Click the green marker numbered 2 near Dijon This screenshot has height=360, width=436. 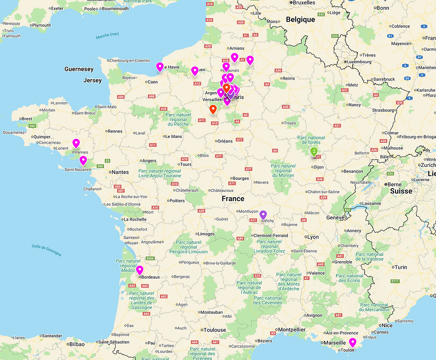[314, 151]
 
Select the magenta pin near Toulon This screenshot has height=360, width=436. [353, 342]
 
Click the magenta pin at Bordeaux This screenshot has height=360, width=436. [140, 270]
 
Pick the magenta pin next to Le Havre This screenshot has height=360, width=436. [160, 67]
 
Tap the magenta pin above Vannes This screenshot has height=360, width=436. [76, 143]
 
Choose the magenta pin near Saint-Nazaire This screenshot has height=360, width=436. [83, 160]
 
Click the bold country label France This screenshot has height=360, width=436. [233, 199]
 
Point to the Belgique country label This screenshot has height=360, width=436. [300, 20]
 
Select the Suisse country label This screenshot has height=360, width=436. [401, 191]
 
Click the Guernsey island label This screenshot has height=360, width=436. [79, 69]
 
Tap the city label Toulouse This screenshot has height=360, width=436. [215, 330]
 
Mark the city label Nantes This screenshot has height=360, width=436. [120, 172]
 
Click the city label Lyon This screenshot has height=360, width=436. [313, 237]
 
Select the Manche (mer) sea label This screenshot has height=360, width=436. [107, 35]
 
